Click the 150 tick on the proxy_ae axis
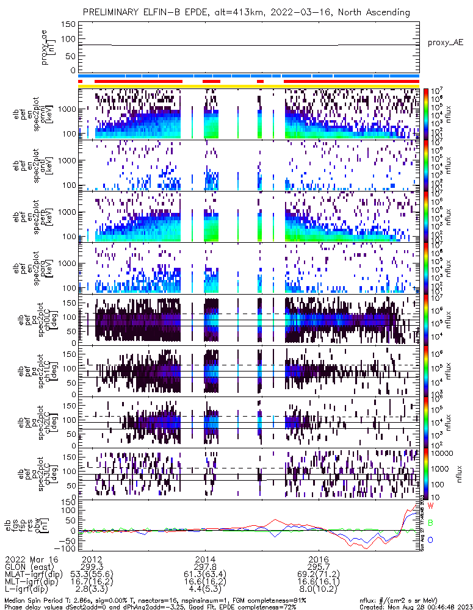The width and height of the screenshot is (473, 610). pyautogui.click(x=69, y=24)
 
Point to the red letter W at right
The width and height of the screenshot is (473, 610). pyautogui.click(x=430, y=506)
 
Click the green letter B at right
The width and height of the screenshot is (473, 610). pyautogui.click(x=430, y=523)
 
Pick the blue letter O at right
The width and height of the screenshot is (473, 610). pyautogui.click(x=430, y=540)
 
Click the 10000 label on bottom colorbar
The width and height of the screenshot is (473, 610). pyautogui.click(x=444, y=454)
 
